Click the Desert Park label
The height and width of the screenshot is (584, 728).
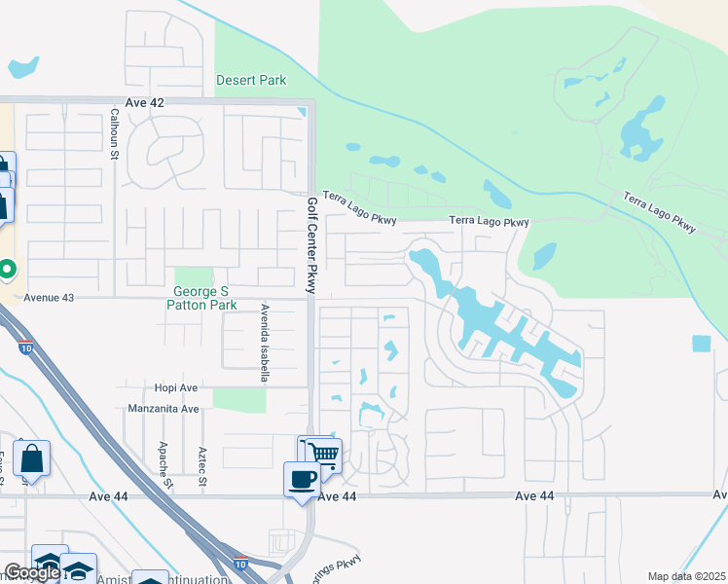click(251, 80)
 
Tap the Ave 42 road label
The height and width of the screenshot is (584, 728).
click(145, 102)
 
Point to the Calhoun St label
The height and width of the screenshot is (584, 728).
click(114, 133)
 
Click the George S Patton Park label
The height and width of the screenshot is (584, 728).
click(204, 298)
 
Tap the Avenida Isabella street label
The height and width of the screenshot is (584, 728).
click(263, 342)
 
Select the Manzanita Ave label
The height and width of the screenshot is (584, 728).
click(163, 410)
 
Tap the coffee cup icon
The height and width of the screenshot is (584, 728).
click(302, 479)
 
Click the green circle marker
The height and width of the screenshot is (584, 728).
click(6, 267)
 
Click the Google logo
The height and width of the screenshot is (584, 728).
click(32, 572)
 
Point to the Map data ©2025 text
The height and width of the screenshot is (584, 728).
click(685, 576)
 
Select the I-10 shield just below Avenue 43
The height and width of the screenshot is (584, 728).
click(25, 347)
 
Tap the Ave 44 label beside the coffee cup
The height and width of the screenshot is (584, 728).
click(338, 496)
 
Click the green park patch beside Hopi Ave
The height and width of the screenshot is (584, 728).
click(238, 399)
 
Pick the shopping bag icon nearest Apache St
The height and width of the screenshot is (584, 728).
click(31, 458)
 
